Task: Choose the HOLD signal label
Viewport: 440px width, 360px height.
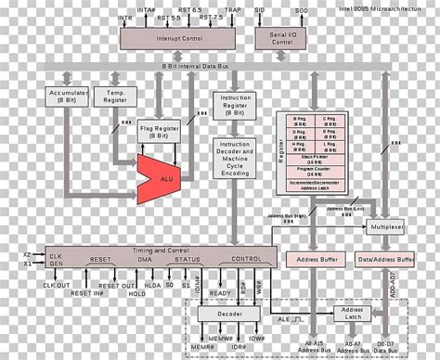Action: tap(137, 294)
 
